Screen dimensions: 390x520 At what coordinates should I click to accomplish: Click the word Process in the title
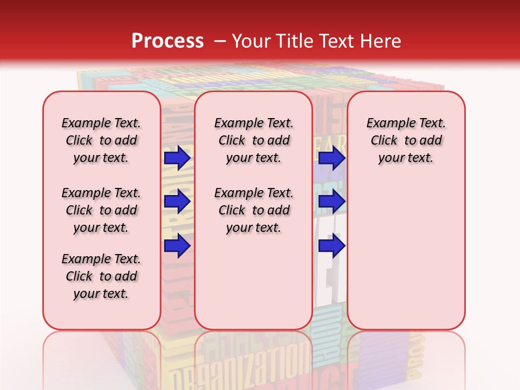[x=167, y=41]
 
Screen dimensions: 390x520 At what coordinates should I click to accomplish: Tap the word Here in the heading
[x=381, y=41]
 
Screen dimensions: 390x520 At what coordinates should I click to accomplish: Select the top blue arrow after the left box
[x=177, y=158]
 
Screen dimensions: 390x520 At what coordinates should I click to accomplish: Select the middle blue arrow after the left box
[x=177, y=202]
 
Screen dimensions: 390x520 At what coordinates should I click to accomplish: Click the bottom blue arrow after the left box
[x=177, y=246]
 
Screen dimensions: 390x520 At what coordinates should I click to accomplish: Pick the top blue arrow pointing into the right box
[x=331, y=158]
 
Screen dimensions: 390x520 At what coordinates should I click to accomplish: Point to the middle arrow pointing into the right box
[x=331, y=202]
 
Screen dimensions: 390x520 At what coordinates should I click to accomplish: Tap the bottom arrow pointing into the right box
[x=331, y=246]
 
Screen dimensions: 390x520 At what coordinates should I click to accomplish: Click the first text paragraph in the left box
[x=101, y=140]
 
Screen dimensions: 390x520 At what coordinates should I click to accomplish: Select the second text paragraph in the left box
[x=101, y=210]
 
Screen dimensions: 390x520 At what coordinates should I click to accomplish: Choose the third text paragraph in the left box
[x=101, y=276]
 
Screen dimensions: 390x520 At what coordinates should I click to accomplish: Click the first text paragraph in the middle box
[x=253, y=140]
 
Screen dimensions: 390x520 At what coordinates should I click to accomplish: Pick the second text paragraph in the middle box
[x=253, y=210]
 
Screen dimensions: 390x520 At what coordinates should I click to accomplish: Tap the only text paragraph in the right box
[x=406, y=140]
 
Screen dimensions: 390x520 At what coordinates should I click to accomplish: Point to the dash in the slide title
[x=220, y=41]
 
